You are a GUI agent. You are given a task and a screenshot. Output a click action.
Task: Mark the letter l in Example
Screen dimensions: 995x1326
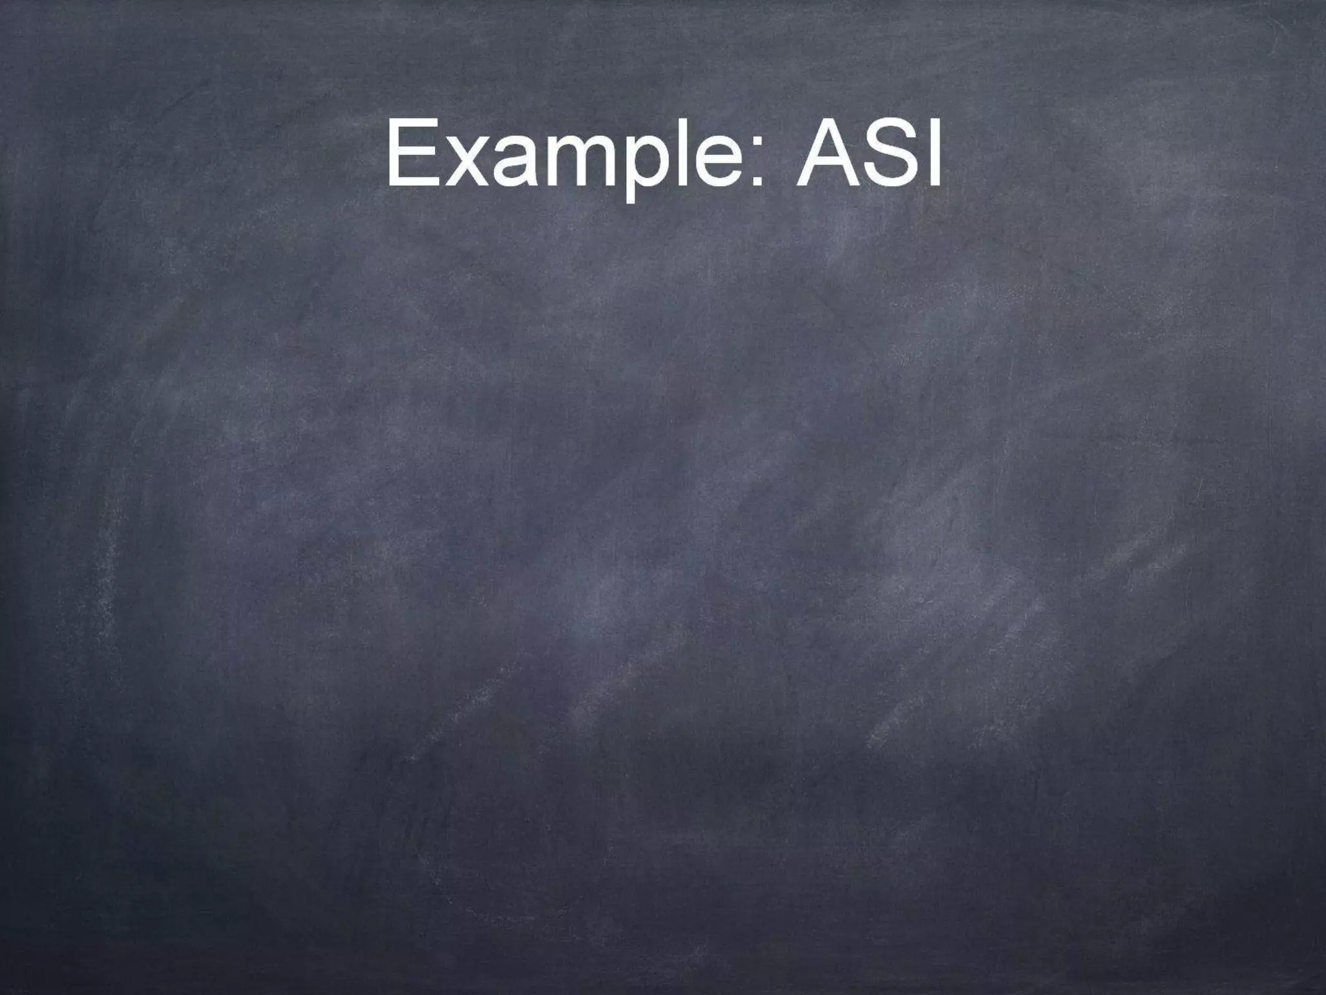[680, 153]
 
